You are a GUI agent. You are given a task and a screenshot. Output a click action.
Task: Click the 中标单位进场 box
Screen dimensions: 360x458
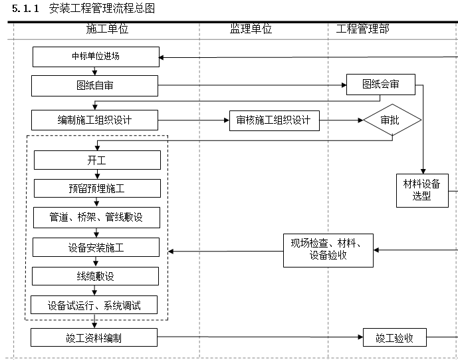96,57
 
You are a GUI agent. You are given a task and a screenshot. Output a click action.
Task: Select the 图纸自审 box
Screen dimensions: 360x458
95,85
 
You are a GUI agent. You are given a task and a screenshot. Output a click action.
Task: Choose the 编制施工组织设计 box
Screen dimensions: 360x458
94,120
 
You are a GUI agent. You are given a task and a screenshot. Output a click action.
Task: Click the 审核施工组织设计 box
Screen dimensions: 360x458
273,120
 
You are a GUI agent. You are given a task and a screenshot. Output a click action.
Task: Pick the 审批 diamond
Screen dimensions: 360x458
392,120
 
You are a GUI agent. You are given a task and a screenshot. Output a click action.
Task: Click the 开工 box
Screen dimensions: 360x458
97,160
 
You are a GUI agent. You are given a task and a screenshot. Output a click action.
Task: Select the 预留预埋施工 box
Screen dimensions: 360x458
97,188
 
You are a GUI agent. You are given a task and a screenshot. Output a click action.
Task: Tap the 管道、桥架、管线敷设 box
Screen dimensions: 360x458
97,218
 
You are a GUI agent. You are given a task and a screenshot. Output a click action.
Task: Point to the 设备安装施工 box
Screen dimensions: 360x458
97,248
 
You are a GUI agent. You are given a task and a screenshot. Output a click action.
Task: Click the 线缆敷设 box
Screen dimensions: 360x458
97,276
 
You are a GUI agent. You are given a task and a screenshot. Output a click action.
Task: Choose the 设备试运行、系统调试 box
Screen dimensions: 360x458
94,305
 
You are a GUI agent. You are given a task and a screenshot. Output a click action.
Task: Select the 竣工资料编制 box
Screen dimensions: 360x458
94,337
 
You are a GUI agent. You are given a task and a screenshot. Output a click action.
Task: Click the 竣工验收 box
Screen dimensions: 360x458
395,338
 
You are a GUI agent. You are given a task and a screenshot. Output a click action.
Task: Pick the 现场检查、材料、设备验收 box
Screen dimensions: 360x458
328,250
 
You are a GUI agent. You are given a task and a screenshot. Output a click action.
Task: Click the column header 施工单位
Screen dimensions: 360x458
107,29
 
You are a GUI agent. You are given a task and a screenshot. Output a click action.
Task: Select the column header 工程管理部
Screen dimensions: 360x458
363,29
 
